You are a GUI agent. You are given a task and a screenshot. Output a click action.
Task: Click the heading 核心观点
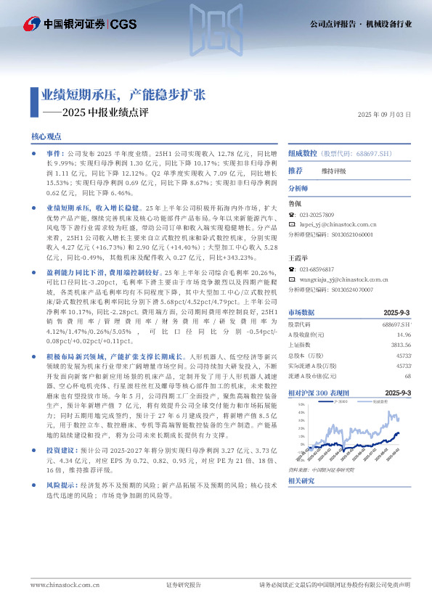tap(46, 136)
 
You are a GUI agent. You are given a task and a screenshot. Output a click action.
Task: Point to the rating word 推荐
tap(295, 171)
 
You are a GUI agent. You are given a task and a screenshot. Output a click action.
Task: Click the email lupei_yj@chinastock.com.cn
tap(337, 226)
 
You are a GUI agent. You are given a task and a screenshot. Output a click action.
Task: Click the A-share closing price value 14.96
tap(404, 334)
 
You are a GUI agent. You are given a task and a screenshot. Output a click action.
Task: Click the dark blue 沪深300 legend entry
tap(339, 401)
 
